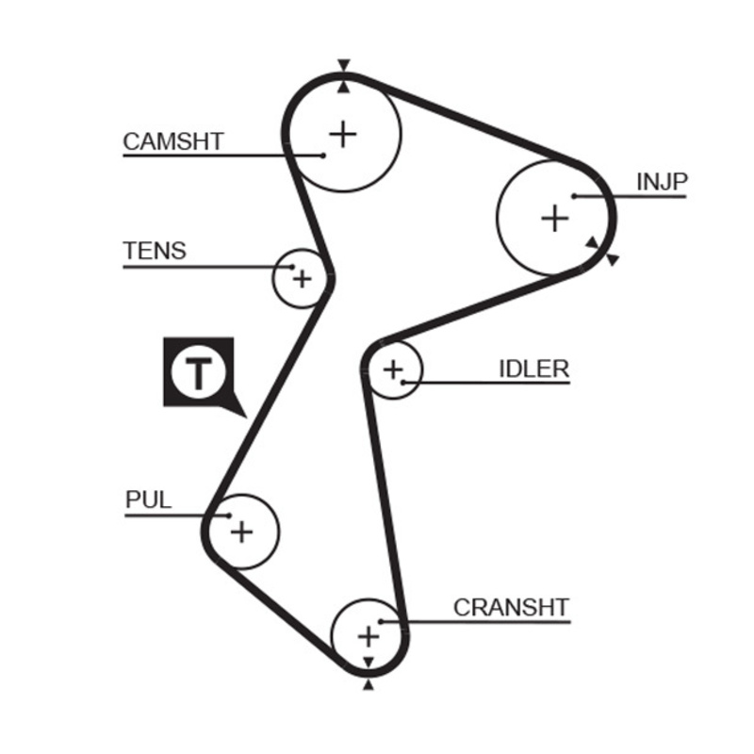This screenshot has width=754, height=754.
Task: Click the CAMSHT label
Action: tap(173, 141)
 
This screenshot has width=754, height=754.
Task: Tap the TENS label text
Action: tap(155, 251)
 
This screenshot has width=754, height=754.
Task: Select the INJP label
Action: tap(662, 182)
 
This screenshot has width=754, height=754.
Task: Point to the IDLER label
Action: tap(533, 368)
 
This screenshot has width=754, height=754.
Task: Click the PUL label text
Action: tap(149, 500)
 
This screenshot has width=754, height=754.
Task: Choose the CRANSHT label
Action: tap(511, 607)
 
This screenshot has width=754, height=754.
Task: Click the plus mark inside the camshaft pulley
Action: tap(343, 134)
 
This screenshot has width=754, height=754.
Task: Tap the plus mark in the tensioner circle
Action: tap(302, 279)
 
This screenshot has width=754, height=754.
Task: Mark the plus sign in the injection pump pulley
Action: tap(556, 219)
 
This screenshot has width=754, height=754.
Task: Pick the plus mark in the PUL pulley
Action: tap(242, 532)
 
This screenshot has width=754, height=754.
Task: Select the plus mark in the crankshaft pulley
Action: tap(368, 636)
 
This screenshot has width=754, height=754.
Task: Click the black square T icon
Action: tap(198, 372)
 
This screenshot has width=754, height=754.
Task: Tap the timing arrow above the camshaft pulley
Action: tap(344, 65)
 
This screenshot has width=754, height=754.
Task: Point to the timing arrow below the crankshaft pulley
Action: tap(368, 685)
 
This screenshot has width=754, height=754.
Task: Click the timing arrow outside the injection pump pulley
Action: tap(614, 259)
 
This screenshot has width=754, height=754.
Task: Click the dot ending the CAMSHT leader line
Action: tap(323, 154)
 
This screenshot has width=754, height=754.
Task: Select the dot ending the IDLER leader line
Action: tap(403, 382)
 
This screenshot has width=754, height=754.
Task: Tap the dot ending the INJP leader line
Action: tap(574, 196)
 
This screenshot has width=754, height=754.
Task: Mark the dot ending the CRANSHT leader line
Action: tap(380, 621)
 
